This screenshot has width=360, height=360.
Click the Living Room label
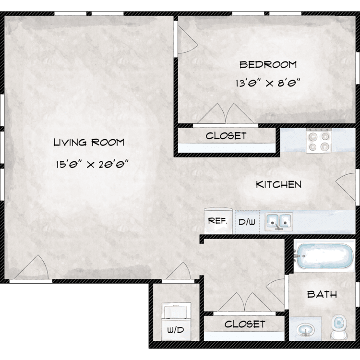(x=89, y=143)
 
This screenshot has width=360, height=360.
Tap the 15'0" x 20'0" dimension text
(x=92, y=164)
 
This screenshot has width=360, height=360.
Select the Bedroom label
(x=268, y=65)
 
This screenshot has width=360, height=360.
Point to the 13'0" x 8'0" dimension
(x=268, y=83)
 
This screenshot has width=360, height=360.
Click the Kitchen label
(x=279, y=185)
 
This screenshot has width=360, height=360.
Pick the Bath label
(x=322, y=294)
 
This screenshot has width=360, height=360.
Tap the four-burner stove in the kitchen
(x=319, y=141)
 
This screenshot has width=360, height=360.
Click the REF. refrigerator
(x=218, y=221)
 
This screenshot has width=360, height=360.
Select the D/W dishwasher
(x=247, y=222)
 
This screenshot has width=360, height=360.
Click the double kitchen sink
(x=279, y=222)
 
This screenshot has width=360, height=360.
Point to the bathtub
(x=324, y=255)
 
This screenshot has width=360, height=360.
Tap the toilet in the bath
(x=338, y=327)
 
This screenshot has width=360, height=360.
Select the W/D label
(x=176, y=330)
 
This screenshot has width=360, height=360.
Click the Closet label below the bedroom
(x=226, y=136)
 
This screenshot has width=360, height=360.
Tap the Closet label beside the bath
(x=245, y=324)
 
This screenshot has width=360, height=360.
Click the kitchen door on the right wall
(x=346, y=186)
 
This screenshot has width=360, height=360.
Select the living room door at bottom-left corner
(x=32, y=267)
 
